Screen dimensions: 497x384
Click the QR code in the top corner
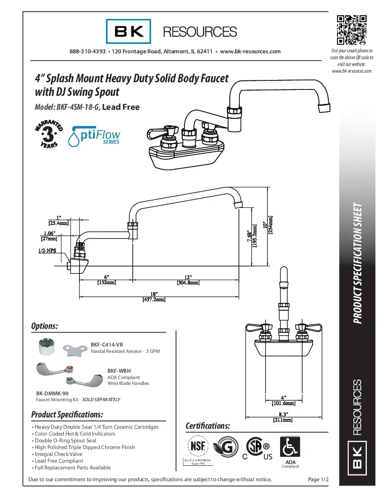coord(351,30)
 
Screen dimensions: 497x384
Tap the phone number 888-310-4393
coord(88,52)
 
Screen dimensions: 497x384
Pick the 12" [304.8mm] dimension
coord(188,280)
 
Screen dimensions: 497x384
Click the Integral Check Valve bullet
coord(58,454)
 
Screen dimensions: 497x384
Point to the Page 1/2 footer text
coord(318,479)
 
